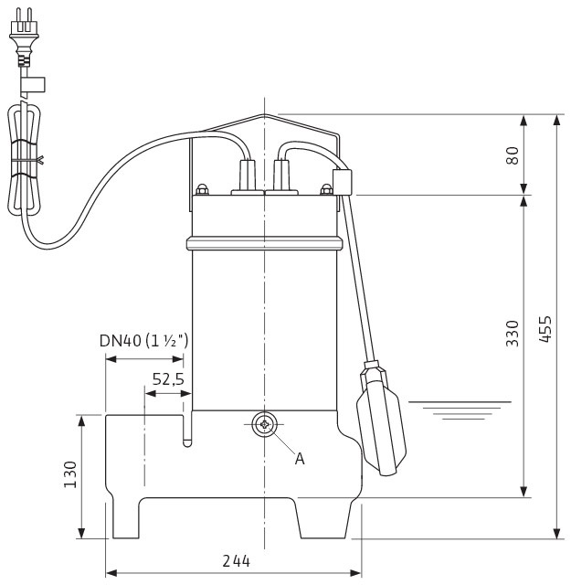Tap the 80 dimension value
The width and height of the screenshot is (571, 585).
[513, 154]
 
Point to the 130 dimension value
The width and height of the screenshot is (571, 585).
[70, 474]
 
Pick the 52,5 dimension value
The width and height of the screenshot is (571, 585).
[167, 380]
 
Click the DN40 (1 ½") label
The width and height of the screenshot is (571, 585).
[144, 341]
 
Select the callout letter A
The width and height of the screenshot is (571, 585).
[299, 459]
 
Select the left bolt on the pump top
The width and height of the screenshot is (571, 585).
[202, 190]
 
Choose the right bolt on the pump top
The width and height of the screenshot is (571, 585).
[326, 190]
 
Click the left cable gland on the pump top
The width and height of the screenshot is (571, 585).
[248, 175]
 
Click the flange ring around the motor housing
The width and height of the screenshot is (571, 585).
[265, 243]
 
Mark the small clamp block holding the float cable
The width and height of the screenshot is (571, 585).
[342, 182]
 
